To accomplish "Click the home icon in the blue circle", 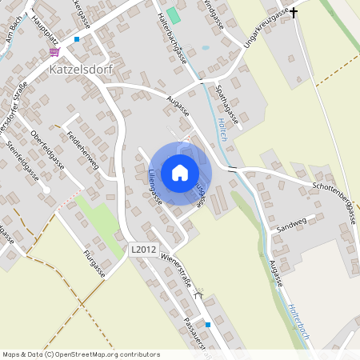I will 179,172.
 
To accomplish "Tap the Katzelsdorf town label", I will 84,69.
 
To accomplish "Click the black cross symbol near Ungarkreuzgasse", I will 293,13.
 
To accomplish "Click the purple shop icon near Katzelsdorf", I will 54,51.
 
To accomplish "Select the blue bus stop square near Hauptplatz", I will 77,38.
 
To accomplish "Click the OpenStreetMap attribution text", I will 81,354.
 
